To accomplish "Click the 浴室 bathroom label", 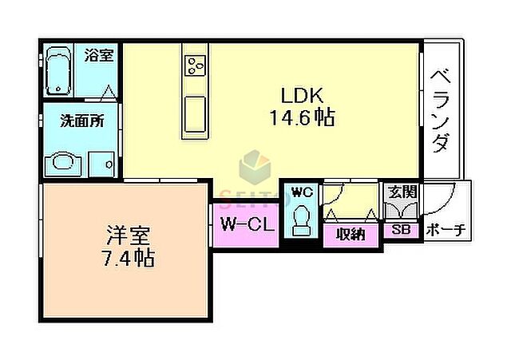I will coord(99,56).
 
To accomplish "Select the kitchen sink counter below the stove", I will coord(195,113).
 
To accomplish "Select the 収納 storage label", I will coord(351,234).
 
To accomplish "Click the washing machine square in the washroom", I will coord(102,163).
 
